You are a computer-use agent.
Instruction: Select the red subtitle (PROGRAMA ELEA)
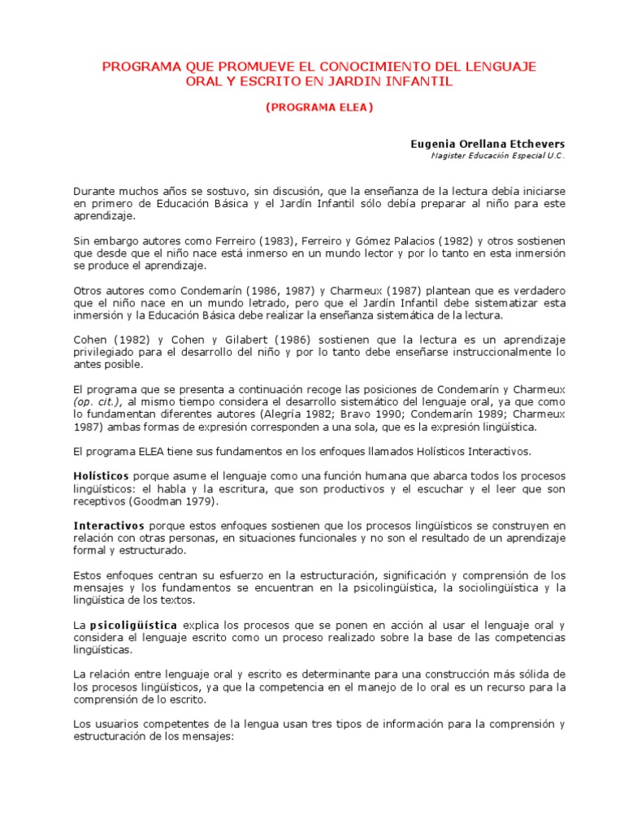(x=319, y=107)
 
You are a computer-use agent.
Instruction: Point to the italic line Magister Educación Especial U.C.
(x=497, y=155)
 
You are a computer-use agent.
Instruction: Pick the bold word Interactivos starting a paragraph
(x=108, y=526)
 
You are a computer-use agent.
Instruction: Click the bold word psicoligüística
(x=133, y=626)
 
